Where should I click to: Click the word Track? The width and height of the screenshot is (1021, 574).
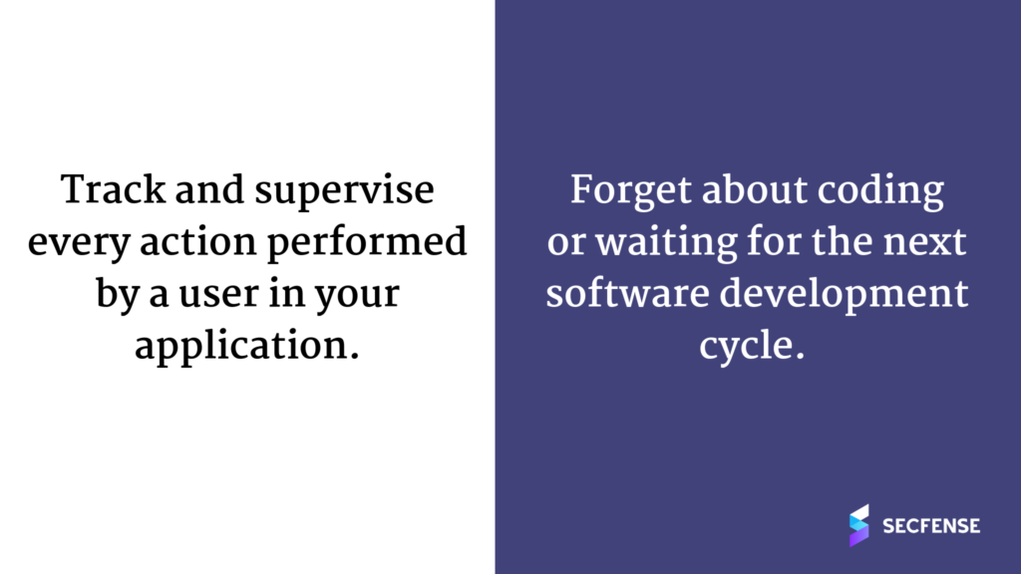(x=114, y=190)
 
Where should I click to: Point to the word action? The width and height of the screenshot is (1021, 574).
(x=198, y=241)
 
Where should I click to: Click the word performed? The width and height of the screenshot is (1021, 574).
(x=367, y=243)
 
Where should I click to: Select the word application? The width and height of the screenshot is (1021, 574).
(x=247, y=347)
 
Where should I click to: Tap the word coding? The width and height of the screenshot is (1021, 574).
(x=880, y=192)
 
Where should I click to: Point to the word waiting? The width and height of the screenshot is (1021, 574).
(x=666, y=243)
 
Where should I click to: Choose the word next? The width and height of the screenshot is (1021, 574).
(x=924, y=242)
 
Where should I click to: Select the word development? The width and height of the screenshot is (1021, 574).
(x=844, y=295)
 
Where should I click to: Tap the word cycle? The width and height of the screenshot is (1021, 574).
(x=752, y=347)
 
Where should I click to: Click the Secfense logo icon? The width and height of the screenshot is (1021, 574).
(x=858, y=525)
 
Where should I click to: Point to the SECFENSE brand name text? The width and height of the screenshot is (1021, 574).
(x=931, y=526)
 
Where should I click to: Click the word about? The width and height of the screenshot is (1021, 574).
(x=755, y=190)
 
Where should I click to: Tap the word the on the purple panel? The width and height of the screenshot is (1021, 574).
(x=844, y=241)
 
